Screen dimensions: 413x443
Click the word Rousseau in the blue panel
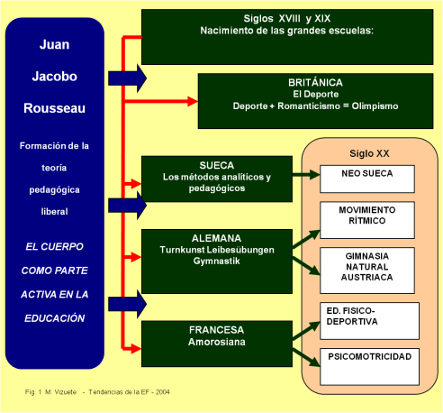56,108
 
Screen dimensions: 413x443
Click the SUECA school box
217,177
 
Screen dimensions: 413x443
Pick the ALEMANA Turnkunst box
217,249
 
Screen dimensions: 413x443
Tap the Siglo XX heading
367,152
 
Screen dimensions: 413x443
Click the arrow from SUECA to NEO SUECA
306,175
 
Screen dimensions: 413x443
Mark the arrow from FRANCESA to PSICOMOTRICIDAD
306,357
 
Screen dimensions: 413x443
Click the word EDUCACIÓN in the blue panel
55,317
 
